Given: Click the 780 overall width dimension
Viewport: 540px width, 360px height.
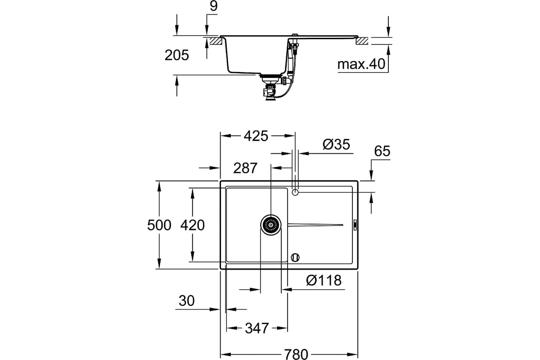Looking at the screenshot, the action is coord(296,354).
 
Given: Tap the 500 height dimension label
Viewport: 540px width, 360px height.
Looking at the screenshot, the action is coord(159,225).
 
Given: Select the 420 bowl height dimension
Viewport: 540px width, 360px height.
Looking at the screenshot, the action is coord(193,225).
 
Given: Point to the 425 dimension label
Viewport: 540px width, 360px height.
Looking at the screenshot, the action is coord(256,136).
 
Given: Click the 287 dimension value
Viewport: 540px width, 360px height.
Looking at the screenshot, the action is coord(245,168).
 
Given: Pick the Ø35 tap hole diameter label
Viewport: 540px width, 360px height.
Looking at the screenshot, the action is coord(336,144).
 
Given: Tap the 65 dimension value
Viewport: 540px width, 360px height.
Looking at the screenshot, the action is coord(382,151).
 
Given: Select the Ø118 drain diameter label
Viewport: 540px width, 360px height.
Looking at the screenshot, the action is coord(324,280).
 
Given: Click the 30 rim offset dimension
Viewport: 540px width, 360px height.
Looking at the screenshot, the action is coord(187,301).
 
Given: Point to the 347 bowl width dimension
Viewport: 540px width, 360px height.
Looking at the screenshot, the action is coord(257,328).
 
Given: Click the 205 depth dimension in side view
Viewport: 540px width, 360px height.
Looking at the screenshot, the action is coord(177,55).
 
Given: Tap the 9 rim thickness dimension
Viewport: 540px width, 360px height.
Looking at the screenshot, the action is coord(214,6).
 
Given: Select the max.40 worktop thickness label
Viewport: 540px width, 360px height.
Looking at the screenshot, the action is coord(361,64).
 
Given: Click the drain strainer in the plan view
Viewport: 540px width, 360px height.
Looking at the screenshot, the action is coord(271,225).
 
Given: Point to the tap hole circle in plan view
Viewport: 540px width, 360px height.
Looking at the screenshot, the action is coord(295,192).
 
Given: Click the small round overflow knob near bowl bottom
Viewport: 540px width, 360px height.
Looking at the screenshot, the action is coord(295,257).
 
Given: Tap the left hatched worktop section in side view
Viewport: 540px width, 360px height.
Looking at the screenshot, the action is coord(216,41).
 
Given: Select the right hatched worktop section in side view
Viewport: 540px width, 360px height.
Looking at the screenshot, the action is coord(362,41).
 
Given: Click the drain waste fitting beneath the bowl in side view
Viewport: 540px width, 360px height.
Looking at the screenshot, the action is coord(271,87).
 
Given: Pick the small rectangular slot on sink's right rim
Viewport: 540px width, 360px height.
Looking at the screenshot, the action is coord(355,225).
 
